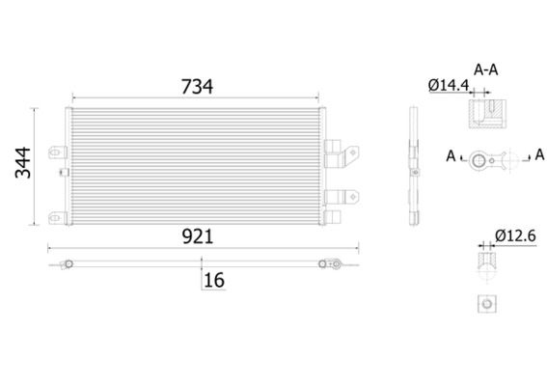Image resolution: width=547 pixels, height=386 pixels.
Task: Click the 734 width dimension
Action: coord(197,87)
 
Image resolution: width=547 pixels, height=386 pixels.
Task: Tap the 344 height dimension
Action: coord(23,163)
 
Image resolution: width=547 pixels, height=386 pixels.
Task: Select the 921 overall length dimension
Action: coord(198,237)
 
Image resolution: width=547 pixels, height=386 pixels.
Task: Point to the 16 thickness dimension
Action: coord(214,280)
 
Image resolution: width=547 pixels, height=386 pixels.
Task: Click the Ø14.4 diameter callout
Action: coord(449,85)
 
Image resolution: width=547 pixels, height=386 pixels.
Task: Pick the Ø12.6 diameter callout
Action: coord(515,236)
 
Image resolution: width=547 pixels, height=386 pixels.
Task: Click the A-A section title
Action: coord(485,70)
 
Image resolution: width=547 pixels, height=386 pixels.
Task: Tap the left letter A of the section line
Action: coord(451,156)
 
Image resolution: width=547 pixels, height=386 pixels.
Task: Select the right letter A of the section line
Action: coord(539,154)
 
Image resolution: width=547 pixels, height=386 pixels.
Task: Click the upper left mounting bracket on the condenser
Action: coord(58,152)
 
